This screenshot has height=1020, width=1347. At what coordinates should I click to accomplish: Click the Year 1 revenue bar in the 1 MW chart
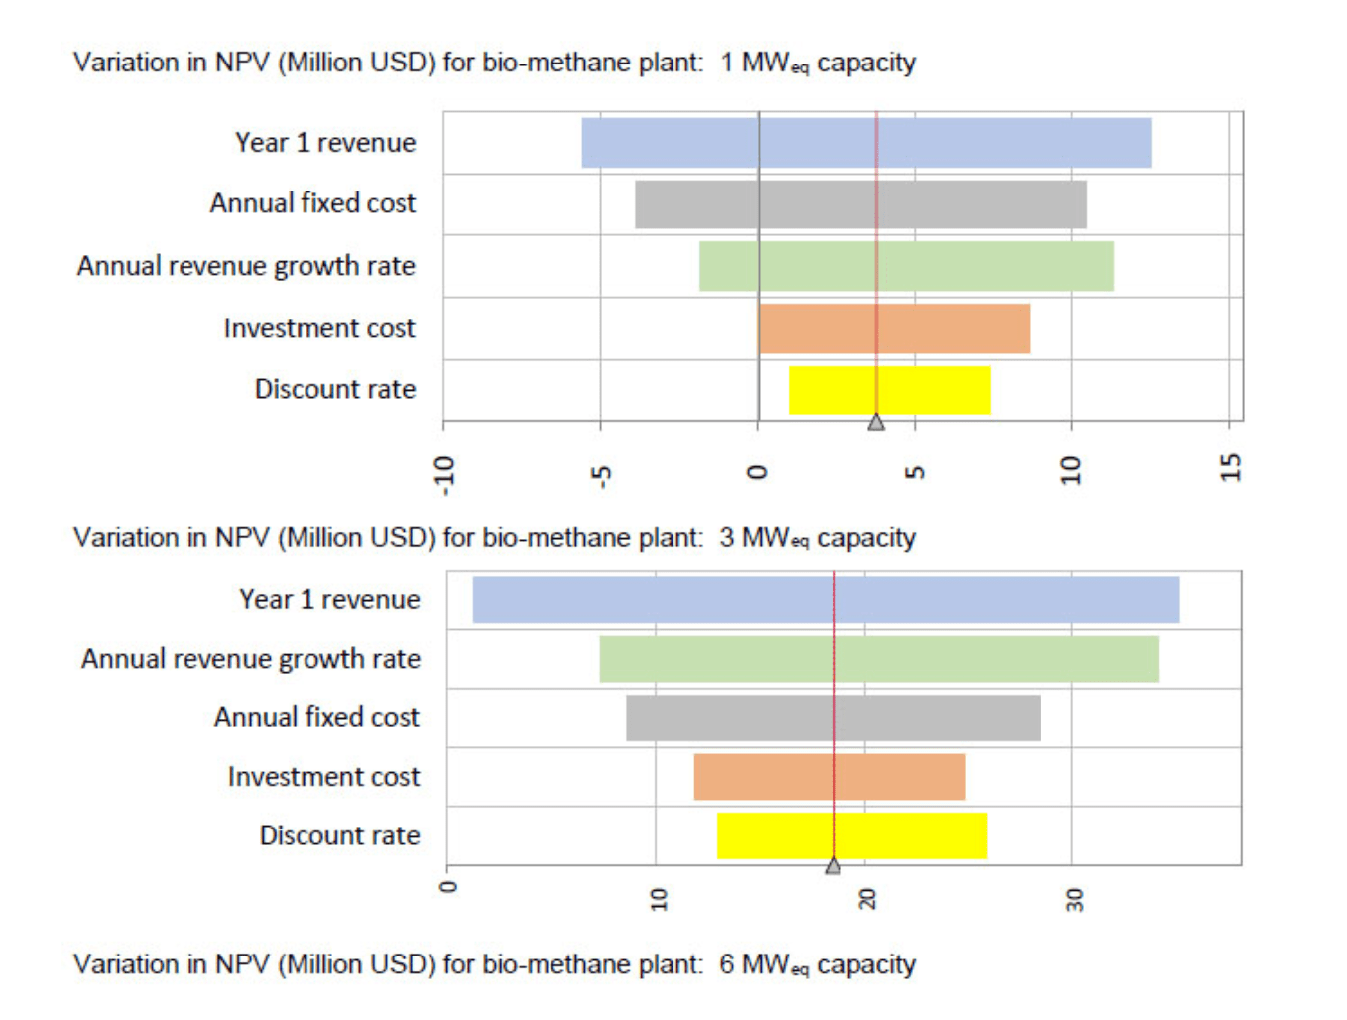[x=865, y=143]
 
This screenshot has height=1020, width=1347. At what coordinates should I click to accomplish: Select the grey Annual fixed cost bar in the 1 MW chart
[x=860, y=204]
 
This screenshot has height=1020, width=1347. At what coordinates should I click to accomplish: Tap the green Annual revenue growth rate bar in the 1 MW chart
[x=906, y=266]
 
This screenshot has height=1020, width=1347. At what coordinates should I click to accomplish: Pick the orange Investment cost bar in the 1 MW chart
[x=893, y=328]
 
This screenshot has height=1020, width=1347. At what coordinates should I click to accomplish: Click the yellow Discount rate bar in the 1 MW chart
[x=889, y=390]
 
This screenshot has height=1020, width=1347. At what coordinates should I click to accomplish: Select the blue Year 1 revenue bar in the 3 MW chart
[x=825, y=600]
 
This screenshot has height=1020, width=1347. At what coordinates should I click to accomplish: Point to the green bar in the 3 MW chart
[x=878, y=659]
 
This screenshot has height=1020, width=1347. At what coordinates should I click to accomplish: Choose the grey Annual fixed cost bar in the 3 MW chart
[x=832, y=717]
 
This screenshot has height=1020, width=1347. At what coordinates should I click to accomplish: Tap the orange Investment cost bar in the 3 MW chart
[x=828, y=777]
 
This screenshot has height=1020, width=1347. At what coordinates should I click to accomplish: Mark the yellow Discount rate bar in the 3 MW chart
[x=851, y=835]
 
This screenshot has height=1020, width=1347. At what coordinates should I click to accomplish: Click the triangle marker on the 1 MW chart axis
[x=876, y=422]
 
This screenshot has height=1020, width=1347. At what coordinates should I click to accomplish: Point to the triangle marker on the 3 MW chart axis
[x=833, y=866]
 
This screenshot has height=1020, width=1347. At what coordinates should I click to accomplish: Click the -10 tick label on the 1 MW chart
[x=444, y=474]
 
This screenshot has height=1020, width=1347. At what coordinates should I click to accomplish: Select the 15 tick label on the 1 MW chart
[x=1230, y=467]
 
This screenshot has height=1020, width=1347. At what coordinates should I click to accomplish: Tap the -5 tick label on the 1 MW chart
[x=601, y=474]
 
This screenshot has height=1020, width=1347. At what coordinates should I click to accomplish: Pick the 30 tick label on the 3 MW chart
[x=1074, y=899]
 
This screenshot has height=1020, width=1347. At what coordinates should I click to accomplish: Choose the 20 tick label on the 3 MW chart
[x=866, y=899]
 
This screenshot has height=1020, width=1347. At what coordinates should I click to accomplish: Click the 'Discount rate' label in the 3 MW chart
[x=339, y=835]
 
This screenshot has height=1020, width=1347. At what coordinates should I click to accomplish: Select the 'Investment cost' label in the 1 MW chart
[x=318, y=328]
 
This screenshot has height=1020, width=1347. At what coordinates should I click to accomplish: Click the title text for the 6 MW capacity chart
[x=494, y=964]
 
